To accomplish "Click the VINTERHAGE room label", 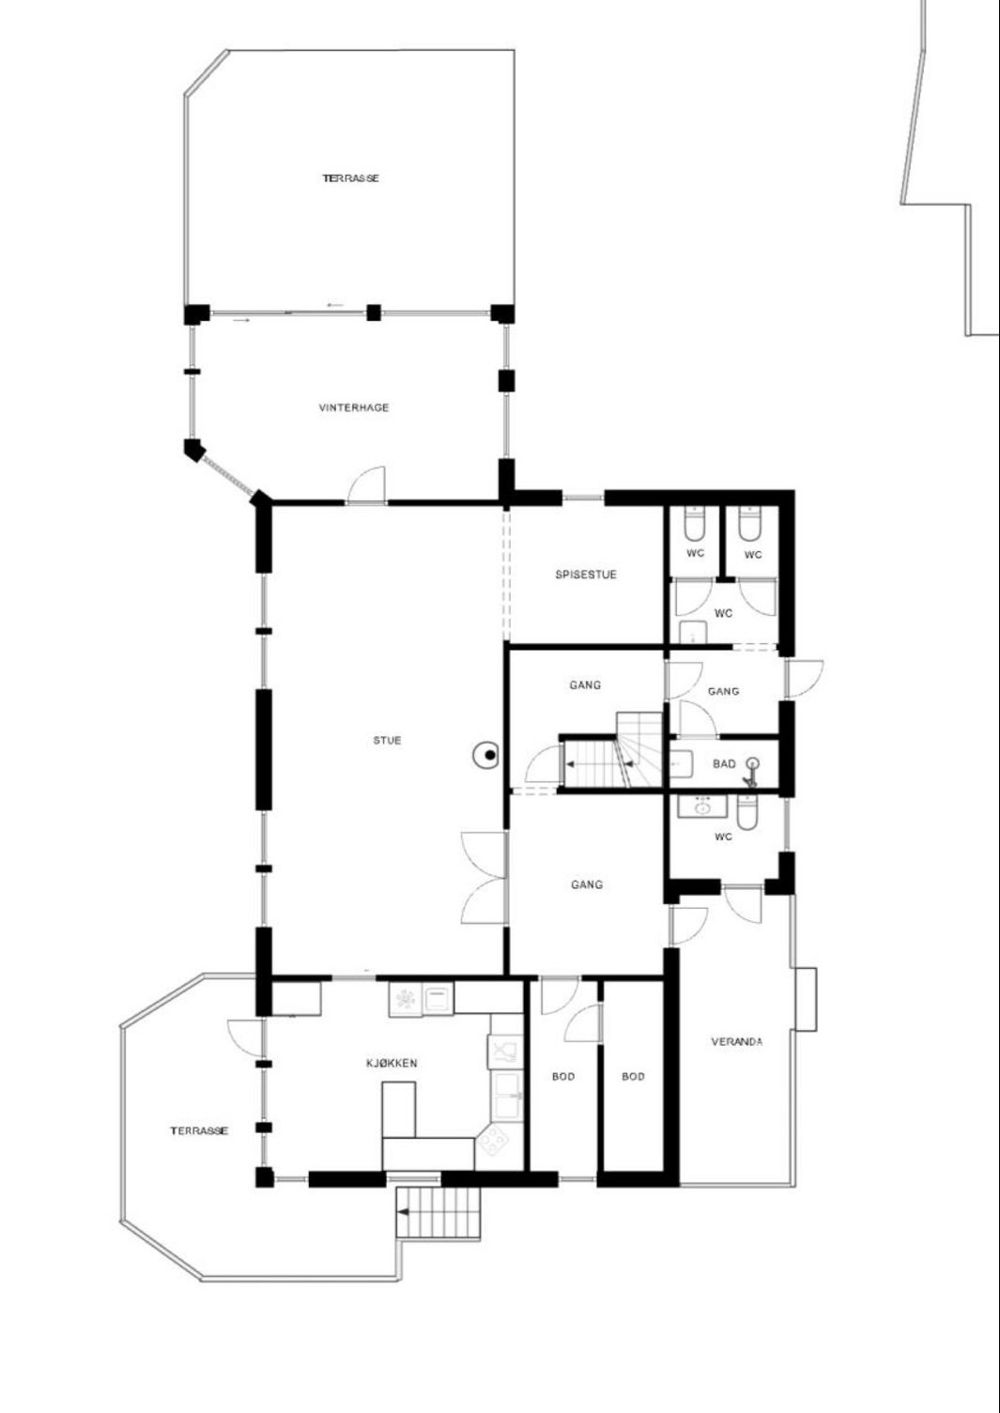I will pos(354,407).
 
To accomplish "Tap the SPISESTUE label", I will pos(586,575).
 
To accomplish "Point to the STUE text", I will pos(387,741).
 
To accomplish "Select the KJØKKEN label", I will pos(392,1063).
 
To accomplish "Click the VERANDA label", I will pos(737,1042).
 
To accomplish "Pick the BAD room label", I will pos(724,764).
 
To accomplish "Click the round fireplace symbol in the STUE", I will pos(487,755).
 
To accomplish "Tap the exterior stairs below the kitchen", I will pos(438,1212).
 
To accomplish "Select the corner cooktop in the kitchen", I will pos(493,1141).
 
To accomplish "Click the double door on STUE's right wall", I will pos(485,878).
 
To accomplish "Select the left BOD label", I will pos(563,1077).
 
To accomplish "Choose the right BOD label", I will pos(634,1077).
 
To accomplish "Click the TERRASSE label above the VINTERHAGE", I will pos(351,178).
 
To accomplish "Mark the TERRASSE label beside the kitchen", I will pos(199,1131).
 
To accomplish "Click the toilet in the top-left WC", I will pos(695,524).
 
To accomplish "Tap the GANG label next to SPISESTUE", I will pos(585,685).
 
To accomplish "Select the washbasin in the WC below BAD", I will pos(701,806).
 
